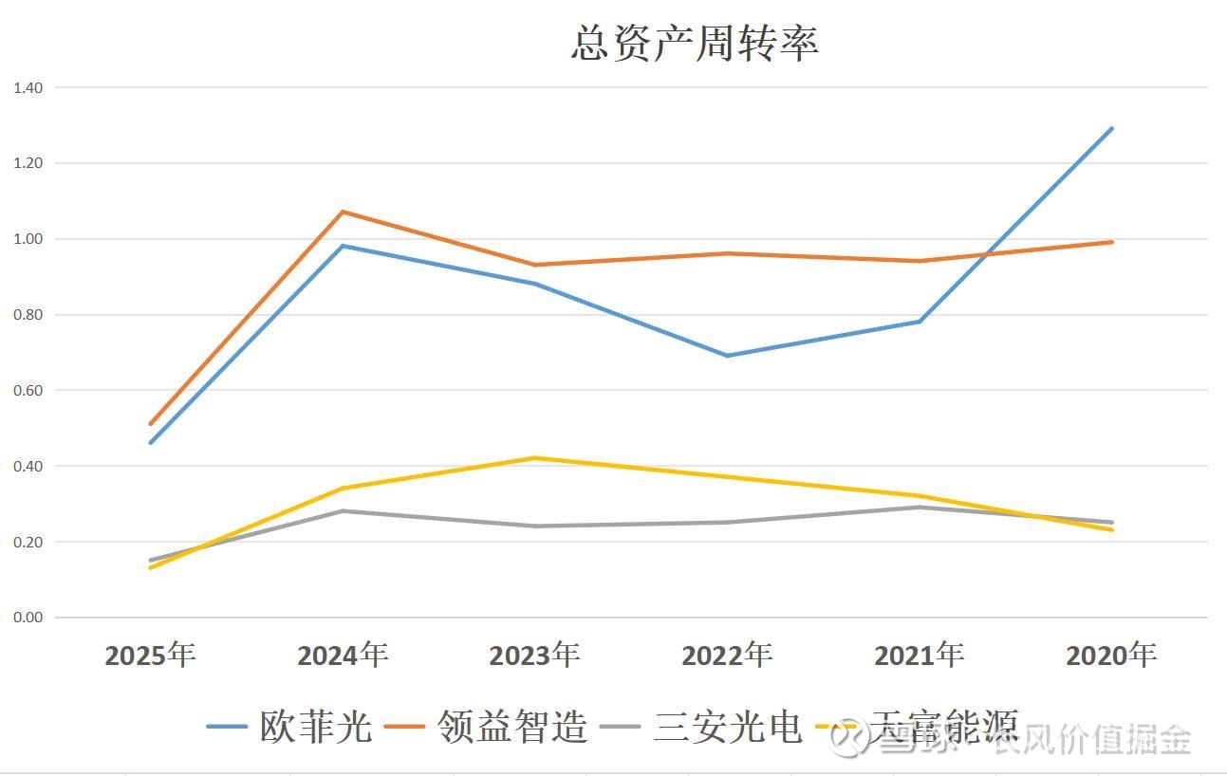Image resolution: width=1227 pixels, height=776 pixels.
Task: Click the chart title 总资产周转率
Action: click(x=695, y=44)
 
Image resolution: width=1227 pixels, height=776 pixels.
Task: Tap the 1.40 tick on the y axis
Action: click(x=28, y=87)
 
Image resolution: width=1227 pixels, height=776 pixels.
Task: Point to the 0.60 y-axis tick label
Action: click(x=28, y=390)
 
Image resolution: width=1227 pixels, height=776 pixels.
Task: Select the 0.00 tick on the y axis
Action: click(x=28, y=618)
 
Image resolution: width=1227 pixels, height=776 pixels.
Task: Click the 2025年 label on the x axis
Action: click(x=150, y=655)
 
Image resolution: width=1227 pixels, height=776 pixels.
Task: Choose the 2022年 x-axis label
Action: click(x=727, y=655)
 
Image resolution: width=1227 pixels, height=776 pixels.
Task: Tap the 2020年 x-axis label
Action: click(x=1111, y=655)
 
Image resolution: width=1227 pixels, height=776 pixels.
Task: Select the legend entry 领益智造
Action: click(x=512, y=727)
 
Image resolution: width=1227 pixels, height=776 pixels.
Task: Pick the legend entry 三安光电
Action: click(x=728, y=727)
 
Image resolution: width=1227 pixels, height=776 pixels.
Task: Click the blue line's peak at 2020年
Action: click(x=1111, y=129)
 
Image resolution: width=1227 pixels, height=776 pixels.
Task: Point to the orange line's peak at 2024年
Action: click(x=343, y=212)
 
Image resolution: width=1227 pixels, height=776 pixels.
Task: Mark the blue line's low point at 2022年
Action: click(x=727, y=356)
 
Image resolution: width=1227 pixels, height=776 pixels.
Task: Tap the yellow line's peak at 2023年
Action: click(x=535, y=458)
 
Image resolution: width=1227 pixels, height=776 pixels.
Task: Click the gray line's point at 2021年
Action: click(x=919, y=508)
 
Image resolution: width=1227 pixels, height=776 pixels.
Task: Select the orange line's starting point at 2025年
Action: click(x=151, y=424)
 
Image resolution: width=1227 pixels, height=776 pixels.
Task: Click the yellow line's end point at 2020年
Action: click(x=1111, y=529)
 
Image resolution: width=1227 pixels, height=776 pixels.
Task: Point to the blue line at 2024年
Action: click(x=343, y=246)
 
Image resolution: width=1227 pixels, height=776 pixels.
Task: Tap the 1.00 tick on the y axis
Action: click(x=28, y=239)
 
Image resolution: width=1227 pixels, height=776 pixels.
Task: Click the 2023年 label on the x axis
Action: click(x=534, y=655)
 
